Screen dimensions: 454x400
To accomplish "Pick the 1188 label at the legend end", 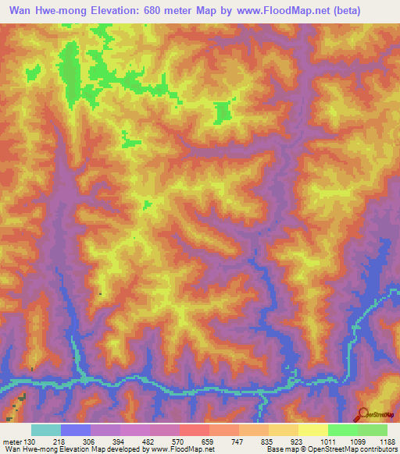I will click(x=388, y=442).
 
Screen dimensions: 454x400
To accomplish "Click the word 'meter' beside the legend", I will click(x=10, y=442).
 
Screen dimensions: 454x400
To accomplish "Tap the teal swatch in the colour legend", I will click(x=46, y=430).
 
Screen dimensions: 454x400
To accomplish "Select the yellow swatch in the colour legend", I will click(x=313, y=430).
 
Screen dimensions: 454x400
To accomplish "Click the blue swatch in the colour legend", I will click(x=76, y=430).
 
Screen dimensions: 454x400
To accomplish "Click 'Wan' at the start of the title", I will click(x=18, y=11).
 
